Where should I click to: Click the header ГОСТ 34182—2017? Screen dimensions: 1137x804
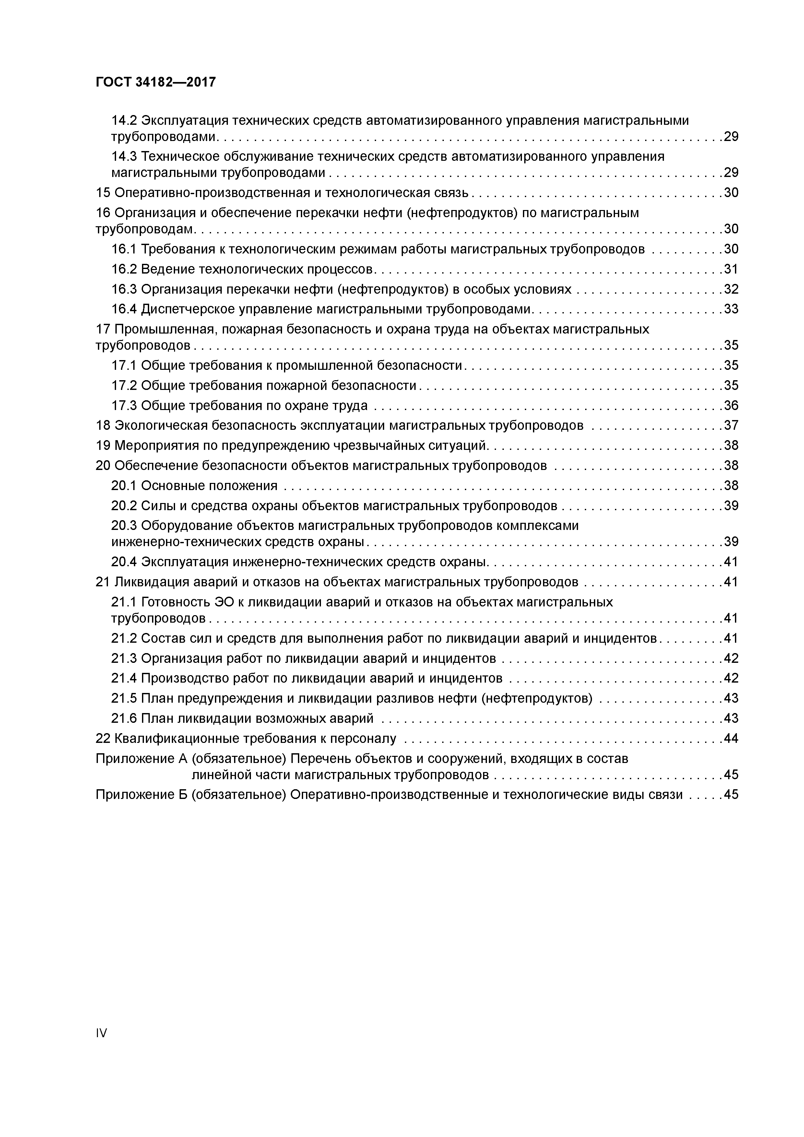[x=156, y=82]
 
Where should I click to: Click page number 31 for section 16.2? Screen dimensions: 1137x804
[x=731, y=269]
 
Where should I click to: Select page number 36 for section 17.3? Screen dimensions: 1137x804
[x=731, y=405]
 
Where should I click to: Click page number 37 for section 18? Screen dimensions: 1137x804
[x=731, y=425]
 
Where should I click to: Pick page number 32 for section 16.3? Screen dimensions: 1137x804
[x=731, y=289]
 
